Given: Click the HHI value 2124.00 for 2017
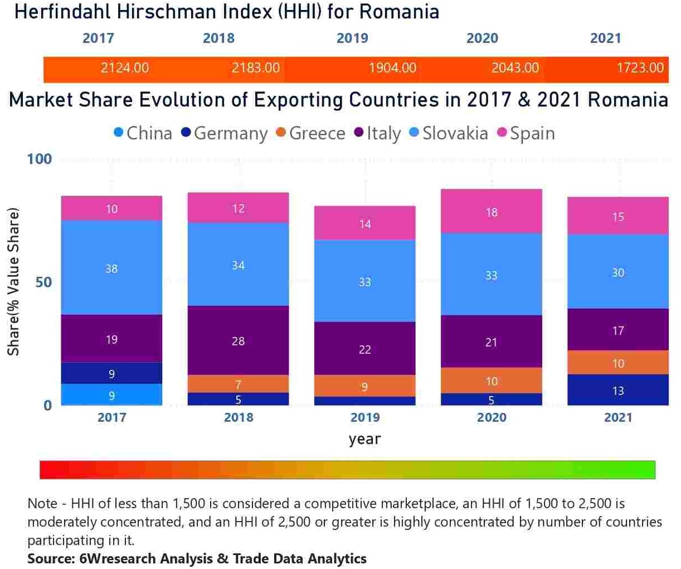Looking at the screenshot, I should (x=124, y=68).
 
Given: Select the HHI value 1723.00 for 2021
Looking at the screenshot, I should (x=640, y=68).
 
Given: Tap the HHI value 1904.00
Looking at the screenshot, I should (x=392, y=68).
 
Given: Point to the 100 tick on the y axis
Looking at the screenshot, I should (x=39, y=159).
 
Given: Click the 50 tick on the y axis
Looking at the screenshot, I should (x=43, y=282).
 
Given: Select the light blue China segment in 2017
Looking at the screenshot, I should (x=111, y=395).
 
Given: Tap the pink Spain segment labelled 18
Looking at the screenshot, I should (x=491, y=212).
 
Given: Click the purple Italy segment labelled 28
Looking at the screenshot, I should (x=238, y=341).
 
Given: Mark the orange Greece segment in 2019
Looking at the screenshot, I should (x=364, y=386).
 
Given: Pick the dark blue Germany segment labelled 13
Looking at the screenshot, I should (x=617, y=390).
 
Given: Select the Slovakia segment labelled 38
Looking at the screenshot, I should (x=111, y=268).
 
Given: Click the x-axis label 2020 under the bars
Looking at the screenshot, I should (x=491, y=417).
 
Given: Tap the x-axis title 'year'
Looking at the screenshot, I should (x=364, y=439).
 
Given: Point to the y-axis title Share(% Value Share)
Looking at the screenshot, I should (x=13, y=282).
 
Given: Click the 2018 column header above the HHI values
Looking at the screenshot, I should (x=218, y=38).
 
